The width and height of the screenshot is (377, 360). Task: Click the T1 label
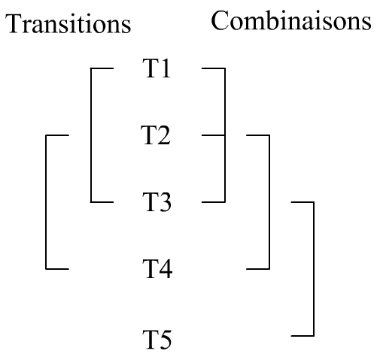coord(157,68)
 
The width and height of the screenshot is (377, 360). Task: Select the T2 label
coord(156,135)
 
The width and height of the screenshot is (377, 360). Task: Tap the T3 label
coord(157,202)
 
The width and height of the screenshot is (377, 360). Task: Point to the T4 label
coord(157,269)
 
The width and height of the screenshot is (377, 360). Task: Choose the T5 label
coord(157,340)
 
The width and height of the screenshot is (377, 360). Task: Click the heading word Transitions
coord(68,23)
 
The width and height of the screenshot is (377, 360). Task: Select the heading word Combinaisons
coord(291,20)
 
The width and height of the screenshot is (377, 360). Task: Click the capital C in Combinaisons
coord(220,20)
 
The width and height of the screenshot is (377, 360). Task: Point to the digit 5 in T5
coord(166,340)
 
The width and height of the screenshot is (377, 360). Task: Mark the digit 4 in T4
coord(166,269)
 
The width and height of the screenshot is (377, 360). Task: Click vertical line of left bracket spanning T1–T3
coord(91,135)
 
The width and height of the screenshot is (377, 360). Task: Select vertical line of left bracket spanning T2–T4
coord(46,202)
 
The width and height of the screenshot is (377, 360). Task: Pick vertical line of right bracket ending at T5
coord(314,269)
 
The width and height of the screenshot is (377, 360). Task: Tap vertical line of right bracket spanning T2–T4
coord(269,202)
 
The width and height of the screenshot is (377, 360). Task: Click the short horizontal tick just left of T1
coord(102,68)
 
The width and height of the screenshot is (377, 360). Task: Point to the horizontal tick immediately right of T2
coord(214,135)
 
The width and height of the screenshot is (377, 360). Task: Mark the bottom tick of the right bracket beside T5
coord(303,336)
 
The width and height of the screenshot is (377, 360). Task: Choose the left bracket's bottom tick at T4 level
coord(57,269)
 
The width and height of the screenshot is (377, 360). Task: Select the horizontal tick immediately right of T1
coord(214,68)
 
